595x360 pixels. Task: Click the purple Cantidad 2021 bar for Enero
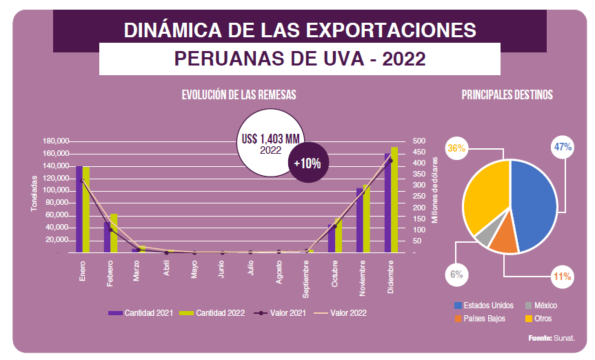click(x=79, y=209)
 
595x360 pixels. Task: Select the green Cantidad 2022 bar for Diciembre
click(x=394, y=200)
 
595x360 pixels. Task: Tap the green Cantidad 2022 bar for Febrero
click(x=114, y=233)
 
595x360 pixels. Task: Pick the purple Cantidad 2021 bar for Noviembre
click(x=359, y=220)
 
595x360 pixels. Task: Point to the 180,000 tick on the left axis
click(x=56, y=141)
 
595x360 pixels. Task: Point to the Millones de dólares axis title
click(x=435, y=190)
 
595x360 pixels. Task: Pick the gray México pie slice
click(x=485, y=235)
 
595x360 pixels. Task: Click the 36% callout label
click(x=456, y=148)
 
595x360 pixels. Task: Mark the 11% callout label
click(x=563, y=277)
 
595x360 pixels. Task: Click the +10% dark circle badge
click(x=307, y=163)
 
